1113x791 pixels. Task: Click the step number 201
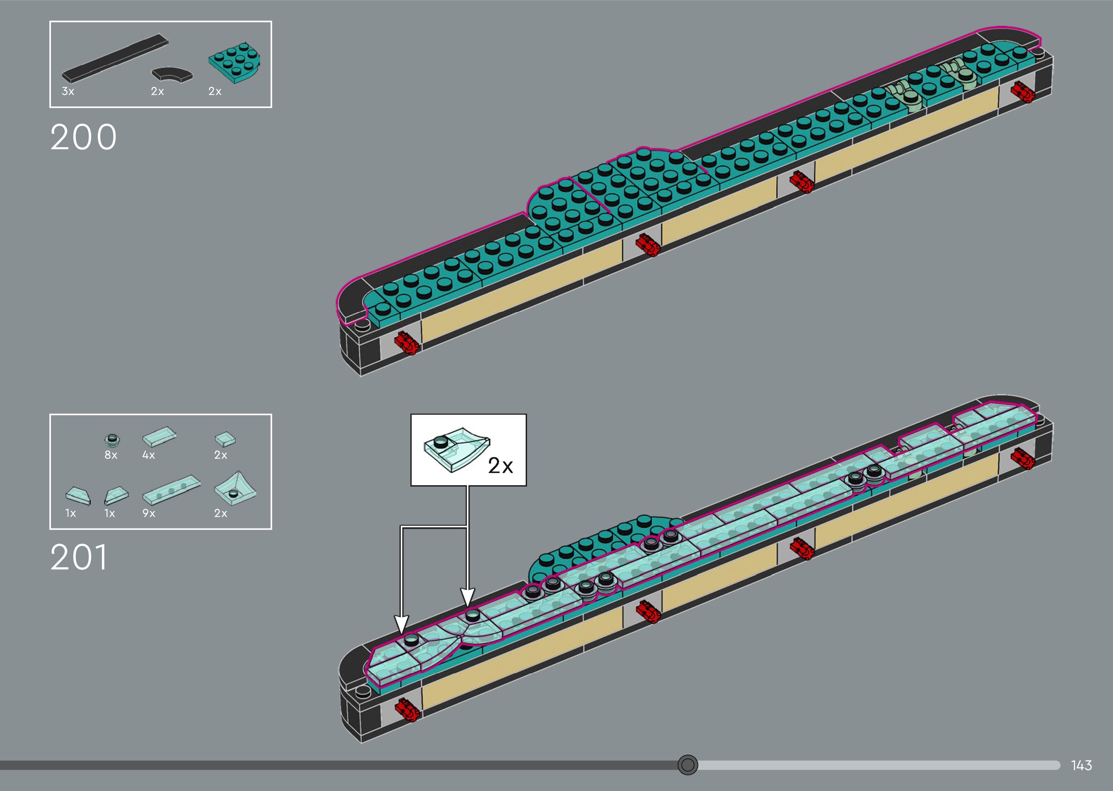coord(79,557)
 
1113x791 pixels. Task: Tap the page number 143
coord(1081,765)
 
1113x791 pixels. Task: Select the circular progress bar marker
coord(688,765)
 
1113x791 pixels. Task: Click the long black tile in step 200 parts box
coord(115,58)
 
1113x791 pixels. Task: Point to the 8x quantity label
coord(111,455)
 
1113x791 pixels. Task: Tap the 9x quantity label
coord(149,513)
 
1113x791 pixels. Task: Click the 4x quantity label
coord(149,455)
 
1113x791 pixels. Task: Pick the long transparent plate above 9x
coord(171,489)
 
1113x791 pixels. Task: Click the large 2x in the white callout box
coord(500,466)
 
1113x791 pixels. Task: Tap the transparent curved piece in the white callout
coord(455,450)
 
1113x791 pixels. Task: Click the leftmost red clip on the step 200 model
coord(407,343)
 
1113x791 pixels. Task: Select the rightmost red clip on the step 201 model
coord(1022,458)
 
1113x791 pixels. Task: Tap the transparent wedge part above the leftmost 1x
coord(79,496)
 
